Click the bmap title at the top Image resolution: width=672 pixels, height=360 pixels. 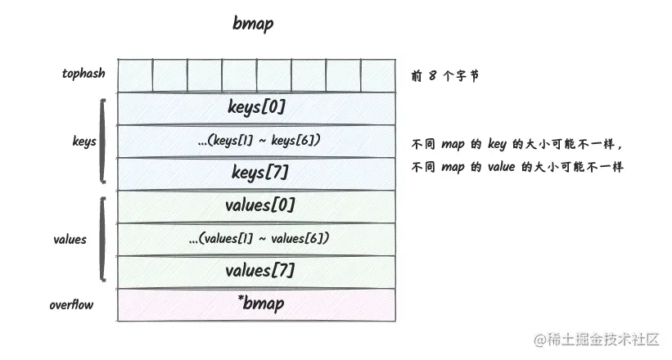tap(253, 24)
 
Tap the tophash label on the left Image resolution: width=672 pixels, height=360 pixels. tap(83, 74)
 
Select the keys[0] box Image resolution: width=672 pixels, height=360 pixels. tap(258, 107)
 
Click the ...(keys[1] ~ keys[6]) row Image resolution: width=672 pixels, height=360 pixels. tap(258, 141)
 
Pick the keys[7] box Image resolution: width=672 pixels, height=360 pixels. tap(258, 173)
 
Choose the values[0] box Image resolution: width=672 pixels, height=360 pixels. tap(258, 205)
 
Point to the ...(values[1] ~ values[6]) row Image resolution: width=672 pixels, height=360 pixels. tap(258, 238)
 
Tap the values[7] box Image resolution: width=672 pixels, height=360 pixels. tap(258, 271)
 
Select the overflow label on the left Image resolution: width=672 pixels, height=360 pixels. tap(71, 305)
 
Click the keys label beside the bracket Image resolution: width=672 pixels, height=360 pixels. tap(83, 142)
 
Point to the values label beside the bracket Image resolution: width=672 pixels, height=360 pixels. tap(70, 240)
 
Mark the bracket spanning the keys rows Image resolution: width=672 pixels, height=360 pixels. tap(102, 141)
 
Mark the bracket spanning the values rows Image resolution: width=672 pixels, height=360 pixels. tap(102, 238)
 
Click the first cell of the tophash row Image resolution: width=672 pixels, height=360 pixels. tap(135, 75)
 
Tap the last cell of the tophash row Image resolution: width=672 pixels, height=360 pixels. tap(379, 75)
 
